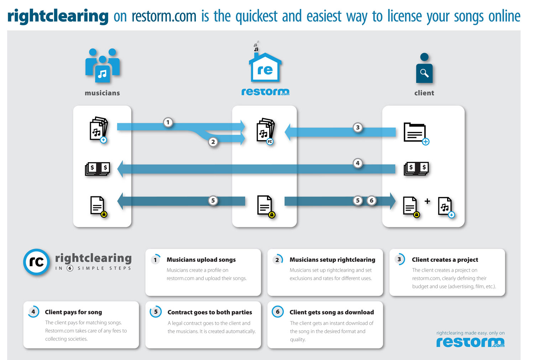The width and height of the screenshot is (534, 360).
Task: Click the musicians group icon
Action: pos(103,66)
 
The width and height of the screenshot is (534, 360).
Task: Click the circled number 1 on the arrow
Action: pos(168,122)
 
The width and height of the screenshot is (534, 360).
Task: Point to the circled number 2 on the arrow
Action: pos(213,142)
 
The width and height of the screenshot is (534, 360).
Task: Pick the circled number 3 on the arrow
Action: pos(358,127)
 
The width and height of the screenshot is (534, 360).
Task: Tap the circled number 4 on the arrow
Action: pos(358,163)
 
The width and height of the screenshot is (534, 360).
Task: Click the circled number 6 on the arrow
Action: pos(371,201)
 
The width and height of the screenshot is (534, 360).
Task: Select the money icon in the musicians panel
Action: pos(98,169)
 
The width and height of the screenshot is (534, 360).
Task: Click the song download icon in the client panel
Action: pos(446,207)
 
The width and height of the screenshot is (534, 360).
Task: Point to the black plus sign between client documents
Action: pos(427,201)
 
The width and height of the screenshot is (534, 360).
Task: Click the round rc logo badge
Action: pos(36,262)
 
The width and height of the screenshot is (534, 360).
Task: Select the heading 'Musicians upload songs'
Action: pos(201,260)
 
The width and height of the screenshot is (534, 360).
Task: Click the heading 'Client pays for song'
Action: pos(73,312)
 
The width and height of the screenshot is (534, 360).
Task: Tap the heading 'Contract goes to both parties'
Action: pos(210,312)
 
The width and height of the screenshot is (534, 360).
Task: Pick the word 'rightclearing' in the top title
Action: pos(58,16)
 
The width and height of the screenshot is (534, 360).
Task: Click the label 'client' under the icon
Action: pos(424,93)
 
